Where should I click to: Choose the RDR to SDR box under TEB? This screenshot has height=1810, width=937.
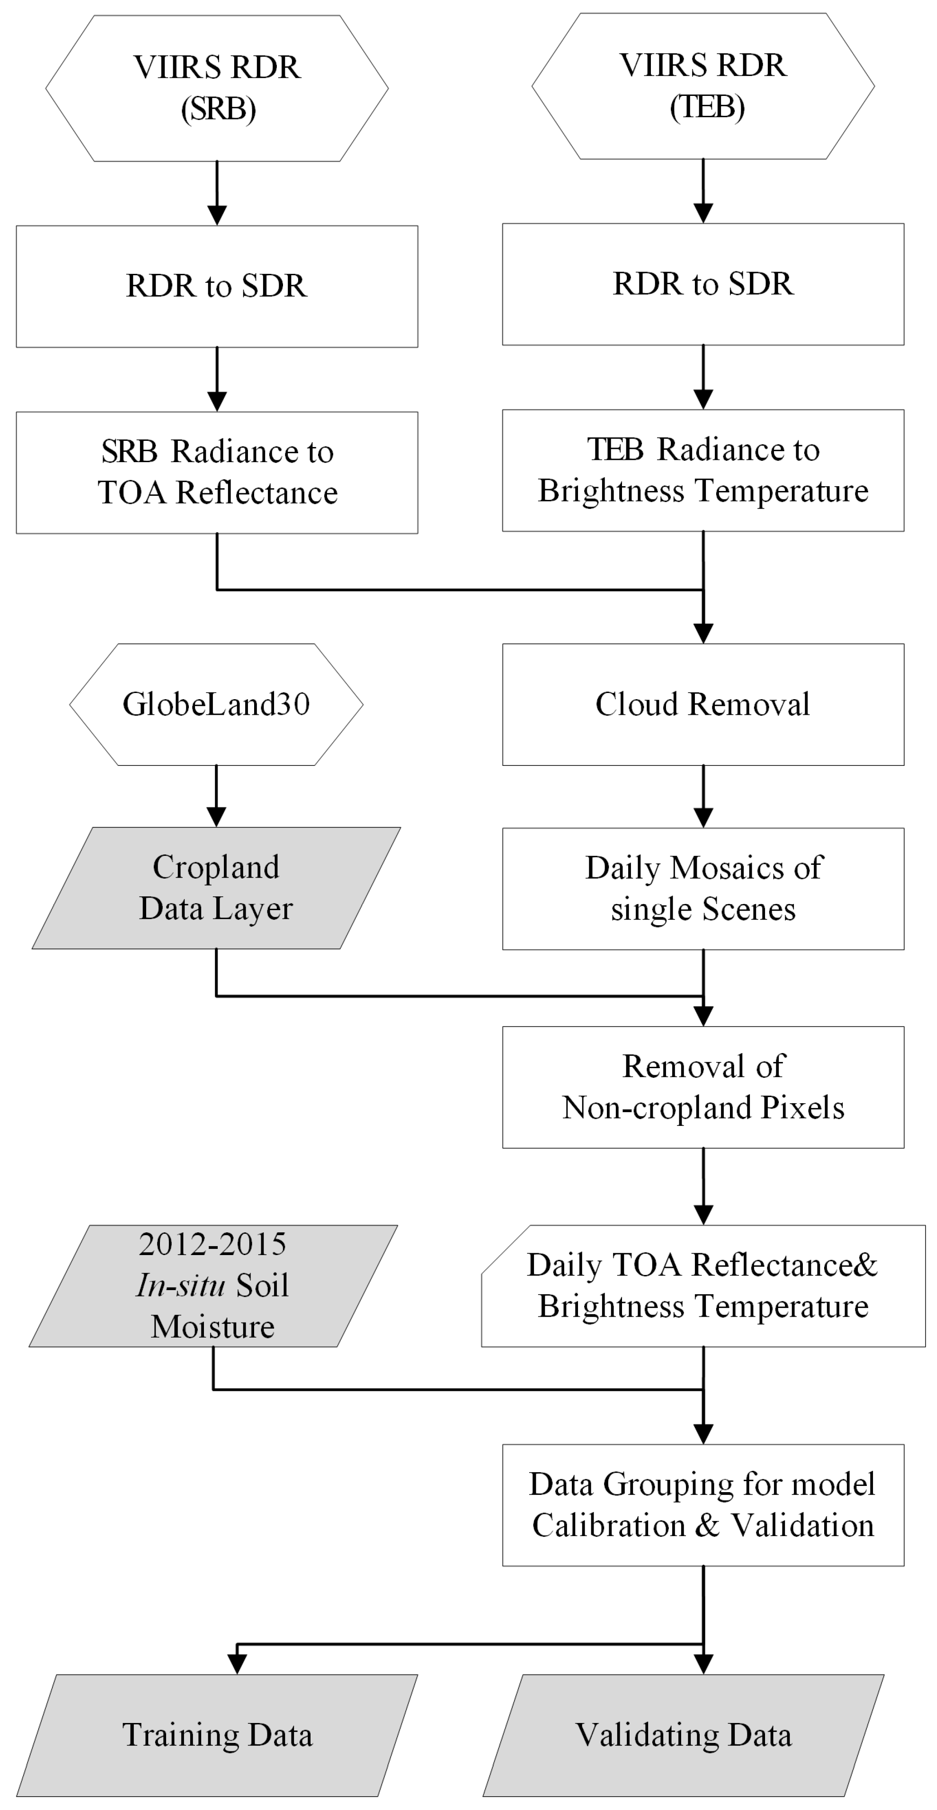pos(703,284)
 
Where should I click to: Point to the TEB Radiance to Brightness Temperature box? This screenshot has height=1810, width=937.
pos(703,470)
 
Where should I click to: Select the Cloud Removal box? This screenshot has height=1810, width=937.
pos(703,704)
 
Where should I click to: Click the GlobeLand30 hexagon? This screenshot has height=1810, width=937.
pos(216,704)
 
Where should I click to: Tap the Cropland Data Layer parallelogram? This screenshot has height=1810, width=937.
pos(216,887)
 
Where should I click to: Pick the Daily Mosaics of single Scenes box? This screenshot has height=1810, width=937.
pos(703,888)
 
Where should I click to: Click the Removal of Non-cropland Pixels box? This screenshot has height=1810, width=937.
pos(703,1087)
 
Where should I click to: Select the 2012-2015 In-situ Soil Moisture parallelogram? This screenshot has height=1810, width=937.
pos(213,1285)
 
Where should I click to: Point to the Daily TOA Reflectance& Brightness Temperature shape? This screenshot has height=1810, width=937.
pos(703,1285)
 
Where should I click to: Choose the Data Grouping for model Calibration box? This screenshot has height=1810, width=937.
pos(703,1505)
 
